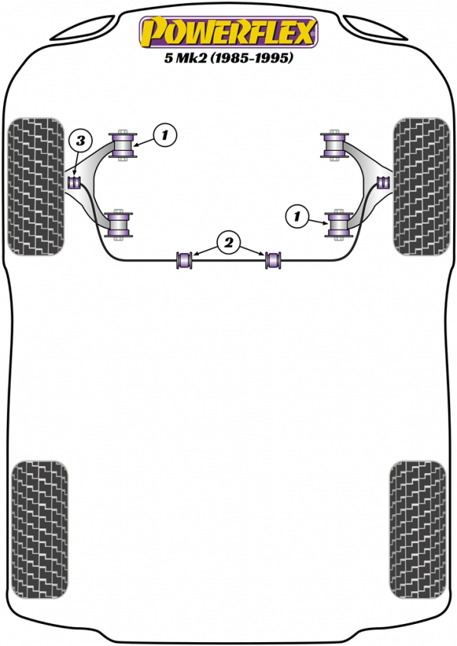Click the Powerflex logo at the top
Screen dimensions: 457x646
pyautogui.click(x=228, y=32)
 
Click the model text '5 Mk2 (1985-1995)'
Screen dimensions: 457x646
pyautogui.click(x=228, y=58)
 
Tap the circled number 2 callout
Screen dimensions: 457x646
pyautogui.click(x=228, y=243)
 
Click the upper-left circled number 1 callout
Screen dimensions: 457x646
pyautogui.click(x=165, y=135)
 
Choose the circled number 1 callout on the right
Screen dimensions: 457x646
pyautogui.click(x=297, y=216)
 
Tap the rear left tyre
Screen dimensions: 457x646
pyautogui.click(x=40, y=529)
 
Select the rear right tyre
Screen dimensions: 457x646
pyautogui.click(x=417, y=529)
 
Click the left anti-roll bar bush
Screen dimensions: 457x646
pyautogui.click(x=184, y=260)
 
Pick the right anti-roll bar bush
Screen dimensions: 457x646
pyautogui.click(x=273, y=260)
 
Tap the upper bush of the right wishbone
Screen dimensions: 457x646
pyautogui.click(x=334, y=145)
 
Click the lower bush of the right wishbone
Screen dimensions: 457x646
pyautogui.click(x=339, y=225)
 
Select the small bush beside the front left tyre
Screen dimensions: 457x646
pyautogui.click(x=74, y=181)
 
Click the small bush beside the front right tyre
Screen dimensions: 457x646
pyautogui.click(x=383, y=181)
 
